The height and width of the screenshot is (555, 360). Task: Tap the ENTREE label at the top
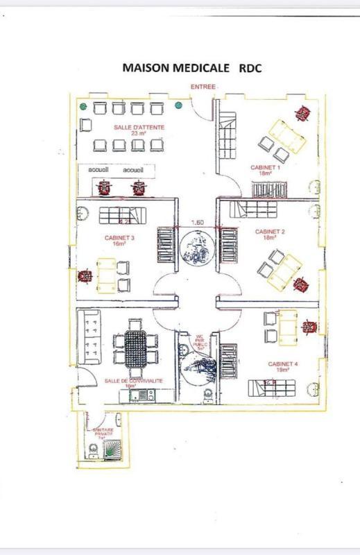203,87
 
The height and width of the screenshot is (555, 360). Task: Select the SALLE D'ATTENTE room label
135,130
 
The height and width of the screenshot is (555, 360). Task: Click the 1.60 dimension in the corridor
197,223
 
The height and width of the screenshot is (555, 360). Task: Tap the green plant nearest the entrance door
179,106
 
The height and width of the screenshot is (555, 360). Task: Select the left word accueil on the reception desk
98,170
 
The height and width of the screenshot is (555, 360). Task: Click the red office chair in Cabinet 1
302,112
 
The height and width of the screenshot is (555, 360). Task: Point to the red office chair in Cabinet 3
85,276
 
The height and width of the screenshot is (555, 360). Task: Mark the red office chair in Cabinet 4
309,325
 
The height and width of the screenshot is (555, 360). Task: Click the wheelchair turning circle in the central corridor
198,249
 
